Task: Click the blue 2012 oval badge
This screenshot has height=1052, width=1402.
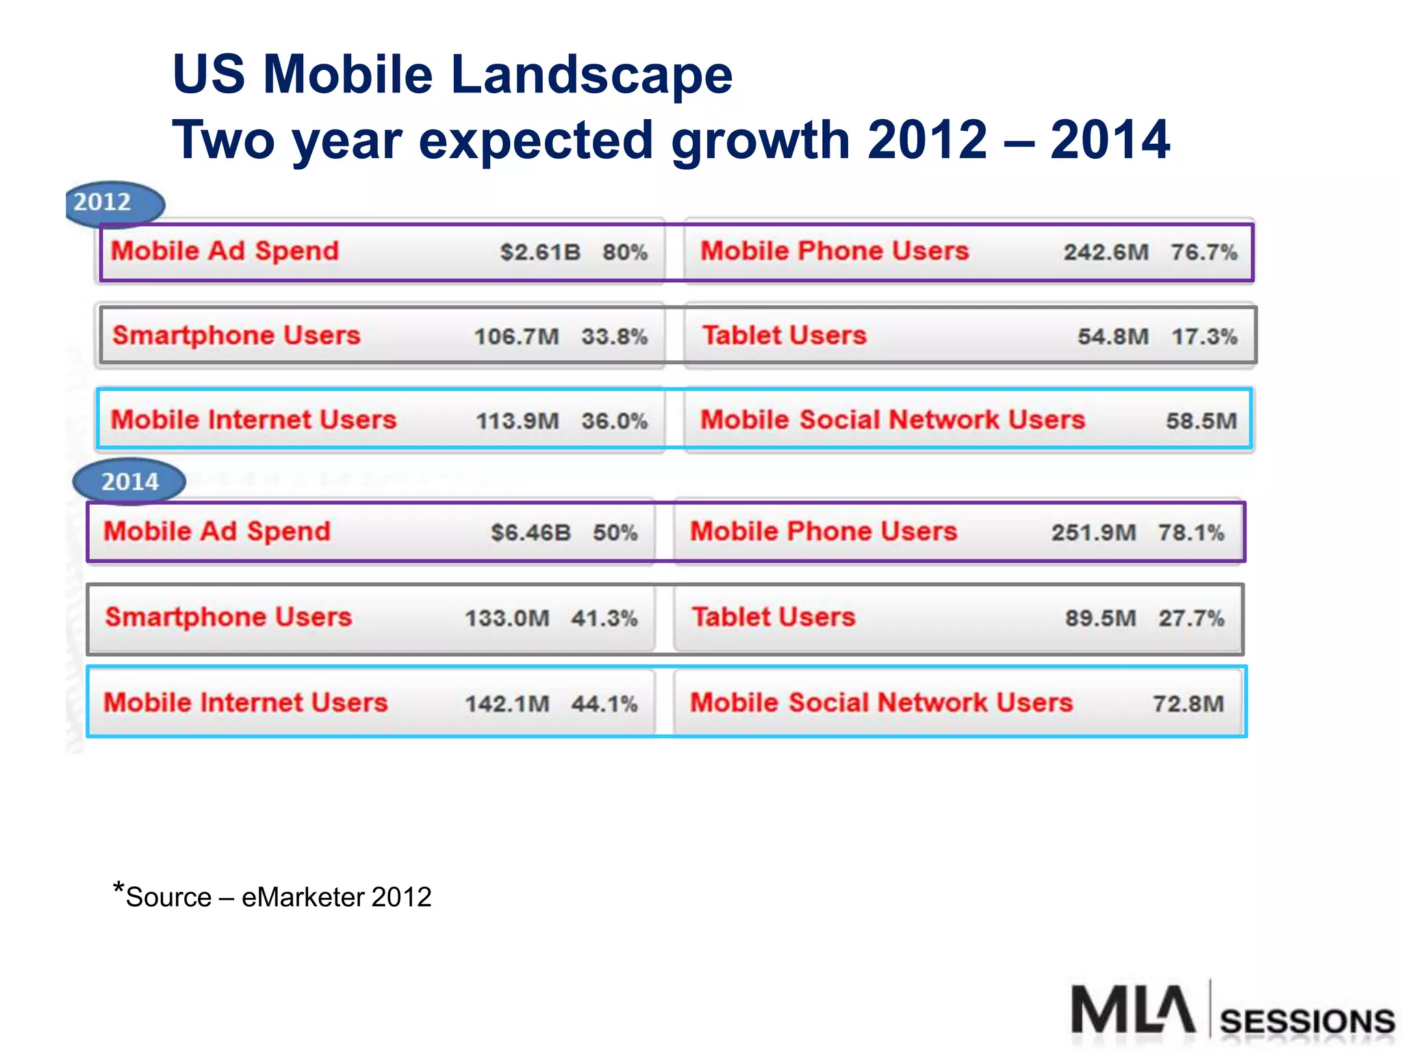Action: (x=115, y=203)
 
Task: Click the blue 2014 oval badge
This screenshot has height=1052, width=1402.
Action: (x=129, y=481)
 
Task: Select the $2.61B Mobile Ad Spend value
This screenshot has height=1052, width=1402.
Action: (x=539, y=252)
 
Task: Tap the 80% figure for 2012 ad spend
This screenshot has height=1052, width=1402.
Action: (x=624, y=252)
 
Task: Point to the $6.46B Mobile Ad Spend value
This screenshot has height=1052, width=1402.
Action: (x=531, y=532)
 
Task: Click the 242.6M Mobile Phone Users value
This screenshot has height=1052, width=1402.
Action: (x=1106, y=252)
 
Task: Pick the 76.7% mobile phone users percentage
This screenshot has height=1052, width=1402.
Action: (x=1203, y=252)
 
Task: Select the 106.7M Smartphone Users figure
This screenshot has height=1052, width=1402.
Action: (x=517, y=336)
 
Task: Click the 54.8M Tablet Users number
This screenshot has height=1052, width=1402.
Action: (x=1113, y=336)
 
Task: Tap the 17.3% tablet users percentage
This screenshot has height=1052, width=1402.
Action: (x=1203, y=336)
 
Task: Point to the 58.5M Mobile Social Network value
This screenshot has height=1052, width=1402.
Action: (x=1201, y=421)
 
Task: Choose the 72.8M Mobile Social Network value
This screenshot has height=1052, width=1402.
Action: (x=1188, y=703)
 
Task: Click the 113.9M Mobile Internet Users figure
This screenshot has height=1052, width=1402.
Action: (x=518, y=421)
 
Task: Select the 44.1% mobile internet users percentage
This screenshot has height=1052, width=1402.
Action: (x=604, y=703)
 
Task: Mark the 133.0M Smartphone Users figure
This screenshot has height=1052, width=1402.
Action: (x=507, y=618)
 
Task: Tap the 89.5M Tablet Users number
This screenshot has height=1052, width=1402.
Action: (x=1100, y=618)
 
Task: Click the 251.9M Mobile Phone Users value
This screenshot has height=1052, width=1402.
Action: (x=1093, y=532)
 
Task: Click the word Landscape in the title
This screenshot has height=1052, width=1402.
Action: (x=591, y=75)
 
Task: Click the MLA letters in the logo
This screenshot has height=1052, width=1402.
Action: (x=1133, y=1010)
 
